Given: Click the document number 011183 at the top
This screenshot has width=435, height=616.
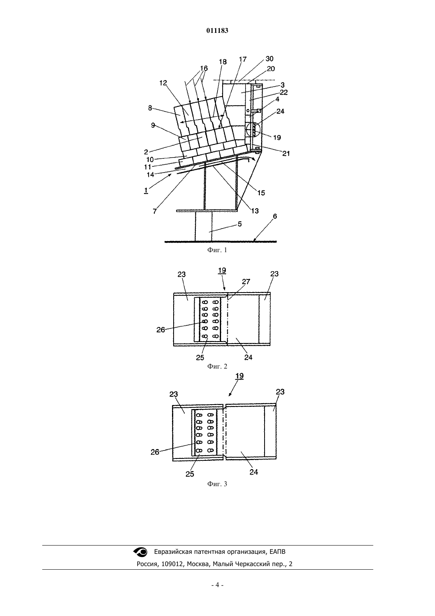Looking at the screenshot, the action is pos(217,30).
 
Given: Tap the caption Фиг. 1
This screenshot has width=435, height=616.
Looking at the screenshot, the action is pos(217,250).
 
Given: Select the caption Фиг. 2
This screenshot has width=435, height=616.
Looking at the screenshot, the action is pos(217,366).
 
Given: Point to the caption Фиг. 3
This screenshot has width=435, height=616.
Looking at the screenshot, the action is pos(217,484).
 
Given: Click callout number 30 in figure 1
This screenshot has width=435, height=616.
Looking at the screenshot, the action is pos(269,59).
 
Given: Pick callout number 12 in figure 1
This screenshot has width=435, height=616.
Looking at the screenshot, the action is pos(163,83).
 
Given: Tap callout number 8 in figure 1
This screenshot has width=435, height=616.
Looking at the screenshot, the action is pos(150,108).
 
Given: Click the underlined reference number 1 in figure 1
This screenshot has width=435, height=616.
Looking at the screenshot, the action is pos(146,190).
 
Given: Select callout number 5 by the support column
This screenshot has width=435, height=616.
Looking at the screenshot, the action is pos(240,224).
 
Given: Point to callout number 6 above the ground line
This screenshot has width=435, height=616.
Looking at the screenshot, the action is pos(275,217).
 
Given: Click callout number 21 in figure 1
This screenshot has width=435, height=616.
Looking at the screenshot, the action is pos(286,154).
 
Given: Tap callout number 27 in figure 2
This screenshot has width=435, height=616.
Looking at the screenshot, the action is pos(246,281).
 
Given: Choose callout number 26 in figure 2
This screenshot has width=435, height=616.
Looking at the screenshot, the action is pos(161,330).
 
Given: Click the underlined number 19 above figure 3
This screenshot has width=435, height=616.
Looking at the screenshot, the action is pos(240,376).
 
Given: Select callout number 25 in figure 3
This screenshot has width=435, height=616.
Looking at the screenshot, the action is pos(190,474).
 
